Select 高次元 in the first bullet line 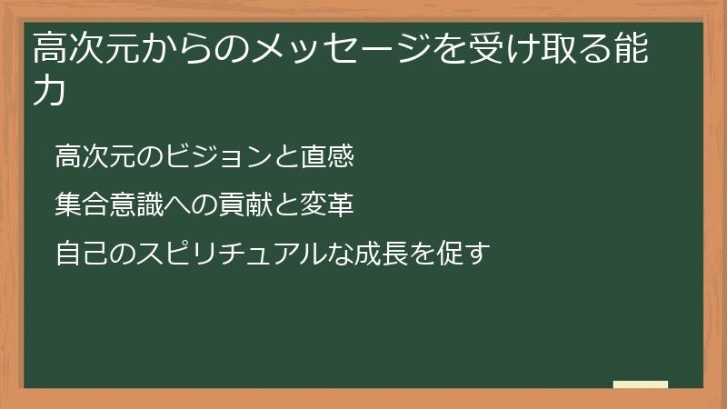(x=89, y=157)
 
